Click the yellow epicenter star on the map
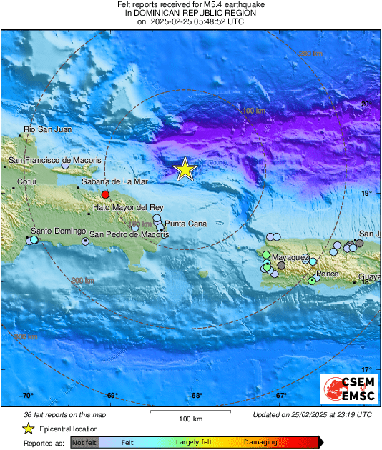185,169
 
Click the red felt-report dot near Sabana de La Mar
105,194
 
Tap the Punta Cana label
185,224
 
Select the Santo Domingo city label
58,231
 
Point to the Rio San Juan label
48,129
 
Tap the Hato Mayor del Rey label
129,207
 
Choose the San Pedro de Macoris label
129,234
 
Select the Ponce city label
327,274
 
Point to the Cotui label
26,181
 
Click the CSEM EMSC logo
348,389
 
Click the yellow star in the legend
28,429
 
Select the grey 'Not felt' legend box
84,443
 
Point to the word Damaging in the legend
260,443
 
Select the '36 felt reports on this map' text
64,414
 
